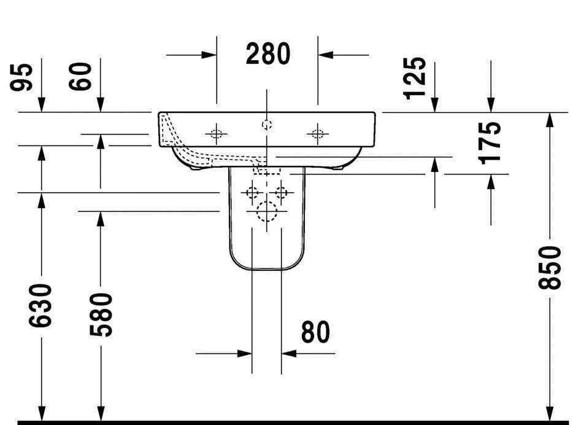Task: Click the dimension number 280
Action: click(x=268, y=54)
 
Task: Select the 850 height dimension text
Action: click(x=550, y=268)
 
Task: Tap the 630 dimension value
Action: click(x=41, y=305)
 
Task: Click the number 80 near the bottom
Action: click(x=315, y=332)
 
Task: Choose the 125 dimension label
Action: click(x=415, y=77)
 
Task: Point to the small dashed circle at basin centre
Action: click(x=266, y=125)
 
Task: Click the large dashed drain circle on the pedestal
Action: click(x=267, y=212)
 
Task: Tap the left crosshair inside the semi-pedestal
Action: click(x=252, y=193)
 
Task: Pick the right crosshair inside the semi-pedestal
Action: click(x=281, y=193)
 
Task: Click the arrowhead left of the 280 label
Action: click(x=209, y=54)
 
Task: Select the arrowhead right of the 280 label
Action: click(x=325, y=54)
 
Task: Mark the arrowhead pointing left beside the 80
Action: click(x=289, y=353)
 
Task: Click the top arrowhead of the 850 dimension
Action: click(x=550, y=120)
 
